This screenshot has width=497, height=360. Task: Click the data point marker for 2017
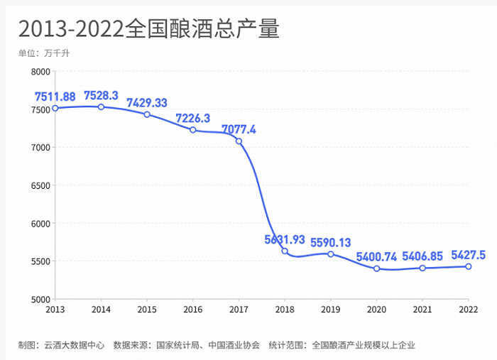click(x=239, y=141)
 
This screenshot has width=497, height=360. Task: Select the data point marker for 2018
click(x=285, y=251)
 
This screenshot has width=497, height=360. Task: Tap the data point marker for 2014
click(x=101, y=107)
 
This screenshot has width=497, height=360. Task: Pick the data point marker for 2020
click(x=376, y=268)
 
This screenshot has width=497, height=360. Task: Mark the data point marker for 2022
click(x=469, y=266)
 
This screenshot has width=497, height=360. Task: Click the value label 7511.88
click(x=55, y=96)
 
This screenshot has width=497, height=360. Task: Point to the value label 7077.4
click(x=239, y=129)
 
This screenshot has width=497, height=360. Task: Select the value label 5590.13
click(x=331, y=242)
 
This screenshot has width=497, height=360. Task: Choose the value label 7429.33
click(x=147, y=103)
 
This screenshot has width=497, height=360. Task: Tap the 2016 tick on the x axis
click(x=193, y=310)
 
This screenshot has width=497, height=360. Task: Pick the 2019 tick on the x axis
click(x=331, y=310)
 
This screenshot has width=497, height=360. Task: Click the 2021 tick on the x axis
click(x=422, y=310)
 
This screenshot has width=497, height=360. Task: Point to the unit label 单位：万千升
click(x=44, y=53)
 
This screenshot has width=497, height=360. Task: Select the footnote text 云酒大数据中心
click(x=75, y=345)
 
